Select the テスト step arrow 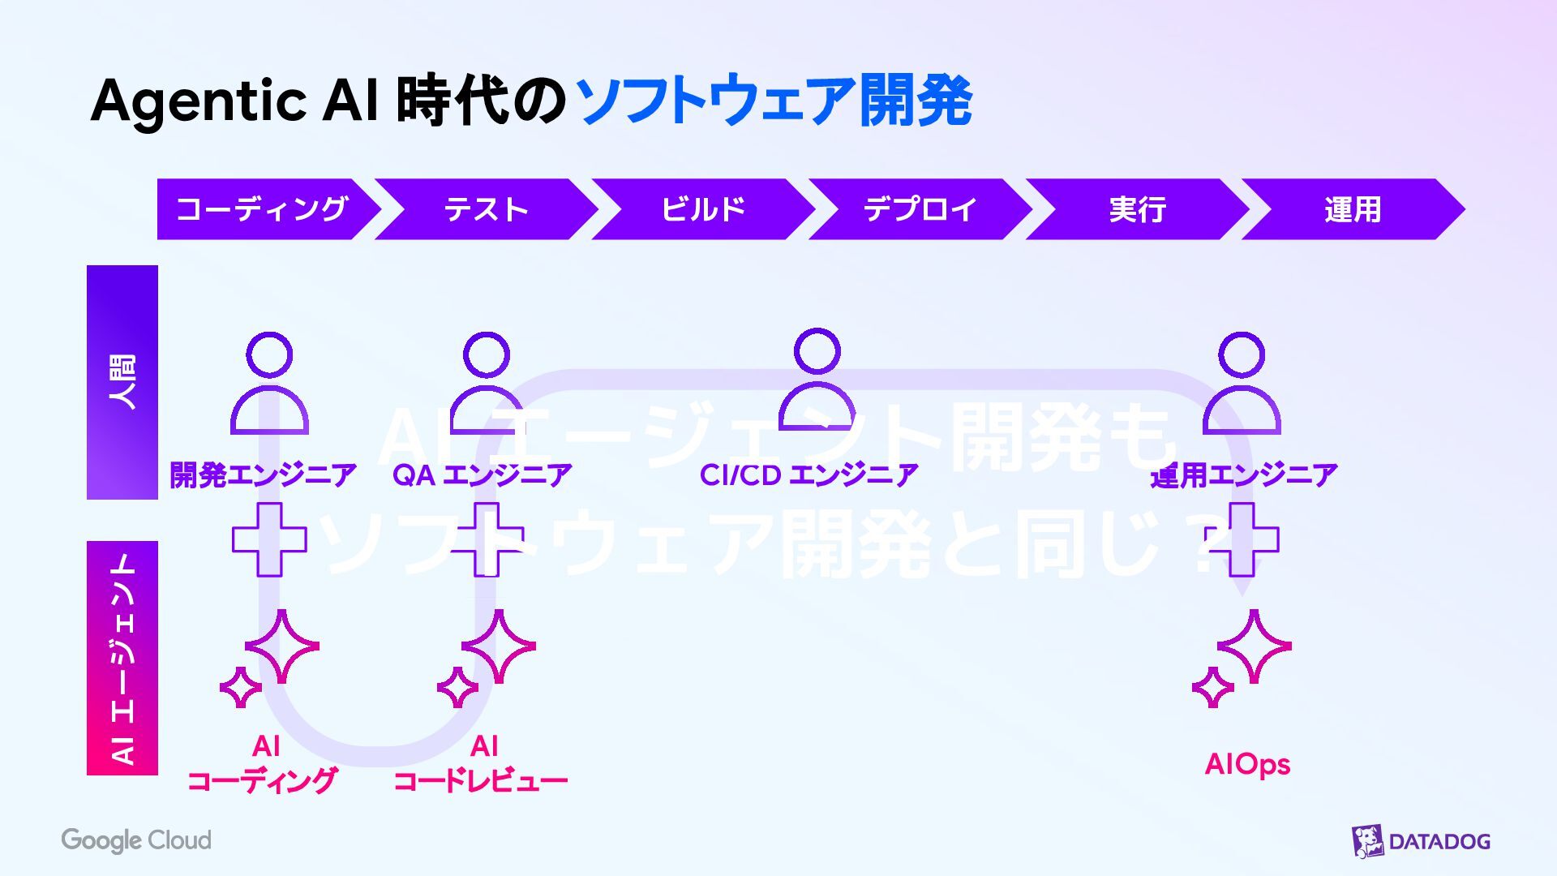(485, 209)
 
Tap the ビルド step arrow (702, 209)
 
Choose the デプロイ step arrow (920, 209)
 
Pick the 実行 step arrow (1137, 209)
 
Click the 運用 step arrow (1352, 209)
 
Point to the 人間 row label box (122, 382)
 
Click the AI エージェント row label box (122, 658)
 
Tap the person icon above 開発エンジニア (269, 383)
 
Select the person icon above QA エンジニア (487, 383)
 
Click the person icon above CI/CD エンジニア (817, 380)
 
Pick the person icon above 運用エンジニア (1242, 383)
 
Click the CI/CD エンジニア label (809, 475)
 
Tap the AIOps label (1247, 764)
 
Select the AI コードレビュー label (481, 763)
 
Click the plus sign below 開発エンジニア (269, 539)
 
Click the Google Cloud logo (136, 840)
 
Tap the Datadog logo (1421, 841)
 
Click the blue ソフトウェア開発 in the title (774, 101)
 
